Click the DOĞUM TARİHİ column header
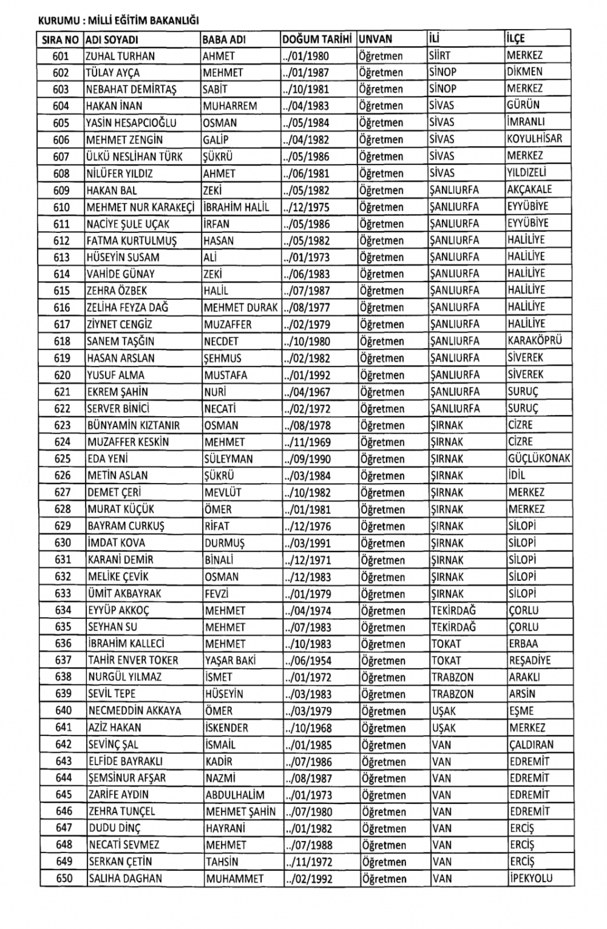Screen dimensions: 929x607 click(x=317, y=39)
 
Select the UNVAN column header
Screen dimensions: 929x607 click(x=376, y=39)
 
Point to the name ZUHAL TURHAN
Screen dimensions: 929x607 click(x=120, y=56)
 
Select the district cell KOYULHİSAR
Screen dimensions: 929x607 click(x=535, y=138)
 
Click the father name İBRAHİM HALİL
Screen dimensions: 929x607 click(x=236, y=207)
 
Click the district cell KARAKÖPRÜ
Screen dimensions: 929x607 click(x=535, y=340)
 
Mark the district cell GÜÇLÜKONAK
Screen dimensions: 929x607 click(x=539, y=459)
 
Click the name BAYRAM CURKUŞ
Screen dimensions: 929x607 click(x=126, y=526)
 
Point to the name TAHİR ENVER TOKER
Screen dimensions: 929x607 click(x=133, y=661)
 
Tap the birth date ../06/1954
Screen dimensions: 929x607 click(x=308, y=661)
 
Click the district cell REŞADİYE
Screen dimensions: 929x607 click(x=530, y=660)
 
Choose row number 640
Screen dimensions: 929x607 click(x=63, y=711)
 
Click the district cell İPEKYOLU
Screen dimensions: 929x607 click(x=531, y=878)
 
